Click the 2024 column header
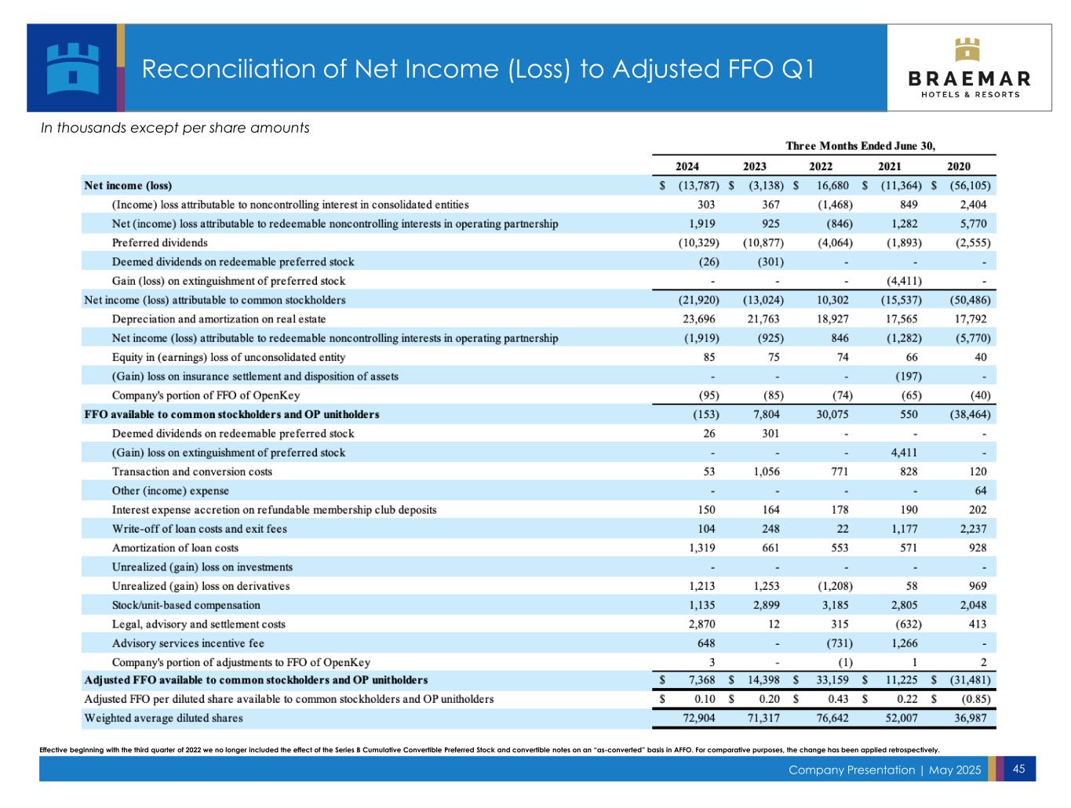pos(687,166)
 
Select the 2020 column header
pos(958,166)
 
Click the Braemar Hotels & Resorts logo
pos(970,68)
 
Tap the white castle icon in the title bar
pos(73,67)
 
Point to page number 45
pos(1019,769)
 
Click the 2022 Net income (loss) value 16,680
pos(832,186)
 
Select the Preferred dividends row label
pos(160,242)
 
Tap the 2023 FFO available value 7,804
pos(766,414)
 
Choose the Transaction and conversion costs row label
pos(192,471)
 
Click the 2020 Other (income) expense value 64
pos(979,491)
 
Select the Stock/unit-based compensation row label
pos(186,605)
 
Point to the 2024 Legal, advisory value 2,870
pos(701,624)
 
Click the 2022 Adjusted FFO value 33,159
pos(832,680)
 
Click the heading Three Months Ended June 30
pos(861,146)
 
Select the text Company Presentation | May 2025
pos(884,770)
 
